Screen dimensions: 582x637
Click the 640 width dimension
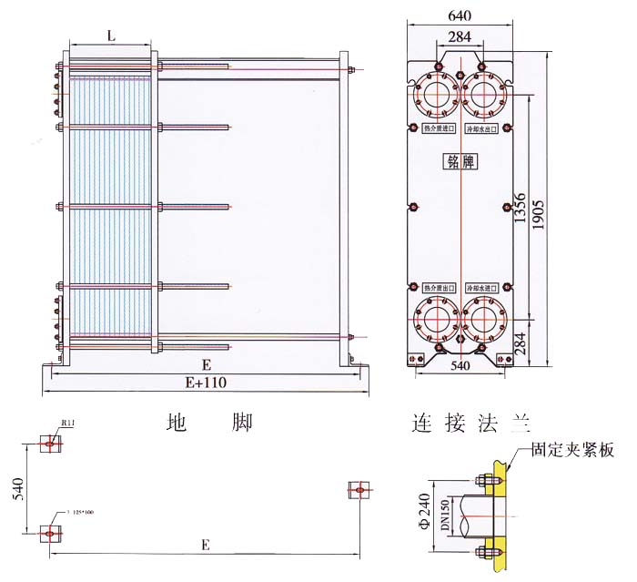pos(460,15)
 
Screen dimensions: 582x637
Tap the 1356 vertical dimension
pos(519,211)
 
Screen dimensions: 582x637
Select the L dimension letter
pos(111,36)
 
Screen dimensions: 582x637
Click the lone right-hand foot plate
pos(360,490)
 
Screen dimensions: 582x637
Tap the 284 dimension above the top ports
pos(460,37)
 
